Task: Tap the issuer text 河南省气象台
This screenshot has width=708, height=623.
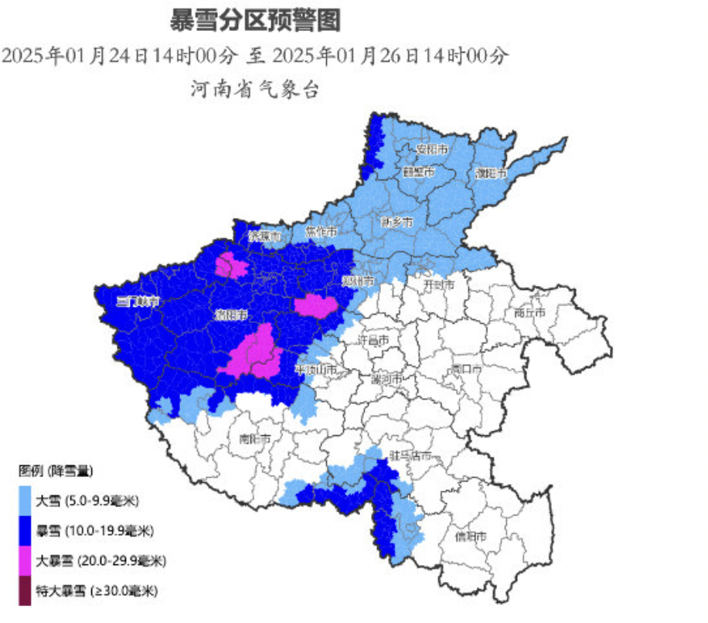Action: pyautogui.click(x=255, y=89)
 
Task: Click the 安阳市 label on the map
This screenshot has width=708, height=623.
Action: pyautogui.click(x=433, y=148)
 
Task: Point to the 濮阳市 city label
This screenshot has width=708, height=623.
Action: pyautogui.click(x=490, y=172)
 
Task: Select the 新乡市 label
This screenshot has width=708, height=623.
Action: pyautogui.click(x=397, y=222)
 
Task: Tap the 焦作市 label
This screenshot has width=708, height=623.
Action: pyautogui.click(x=320, y=231)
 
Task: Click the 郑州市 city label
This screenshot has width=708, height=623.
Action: pyautogui.click(x=359, y=280)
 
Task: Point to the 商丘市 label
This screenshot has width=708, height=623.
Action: pyautogui.click(x=529, y=313)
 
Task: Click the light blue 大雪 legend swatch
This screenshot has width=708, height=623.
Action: pyautogui.click(x=25, y=500)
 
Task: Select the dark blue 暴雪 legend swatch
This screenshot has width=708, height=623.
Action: pyautogui.click(x=25, y=530)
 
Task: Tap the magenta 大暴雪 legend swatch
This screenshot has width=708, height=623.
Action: pyautogui.click(x=25, y=560)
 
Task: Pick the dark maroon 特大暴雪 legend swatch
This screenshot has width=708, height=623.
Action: pyautogui.click(x=25, y=591)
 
